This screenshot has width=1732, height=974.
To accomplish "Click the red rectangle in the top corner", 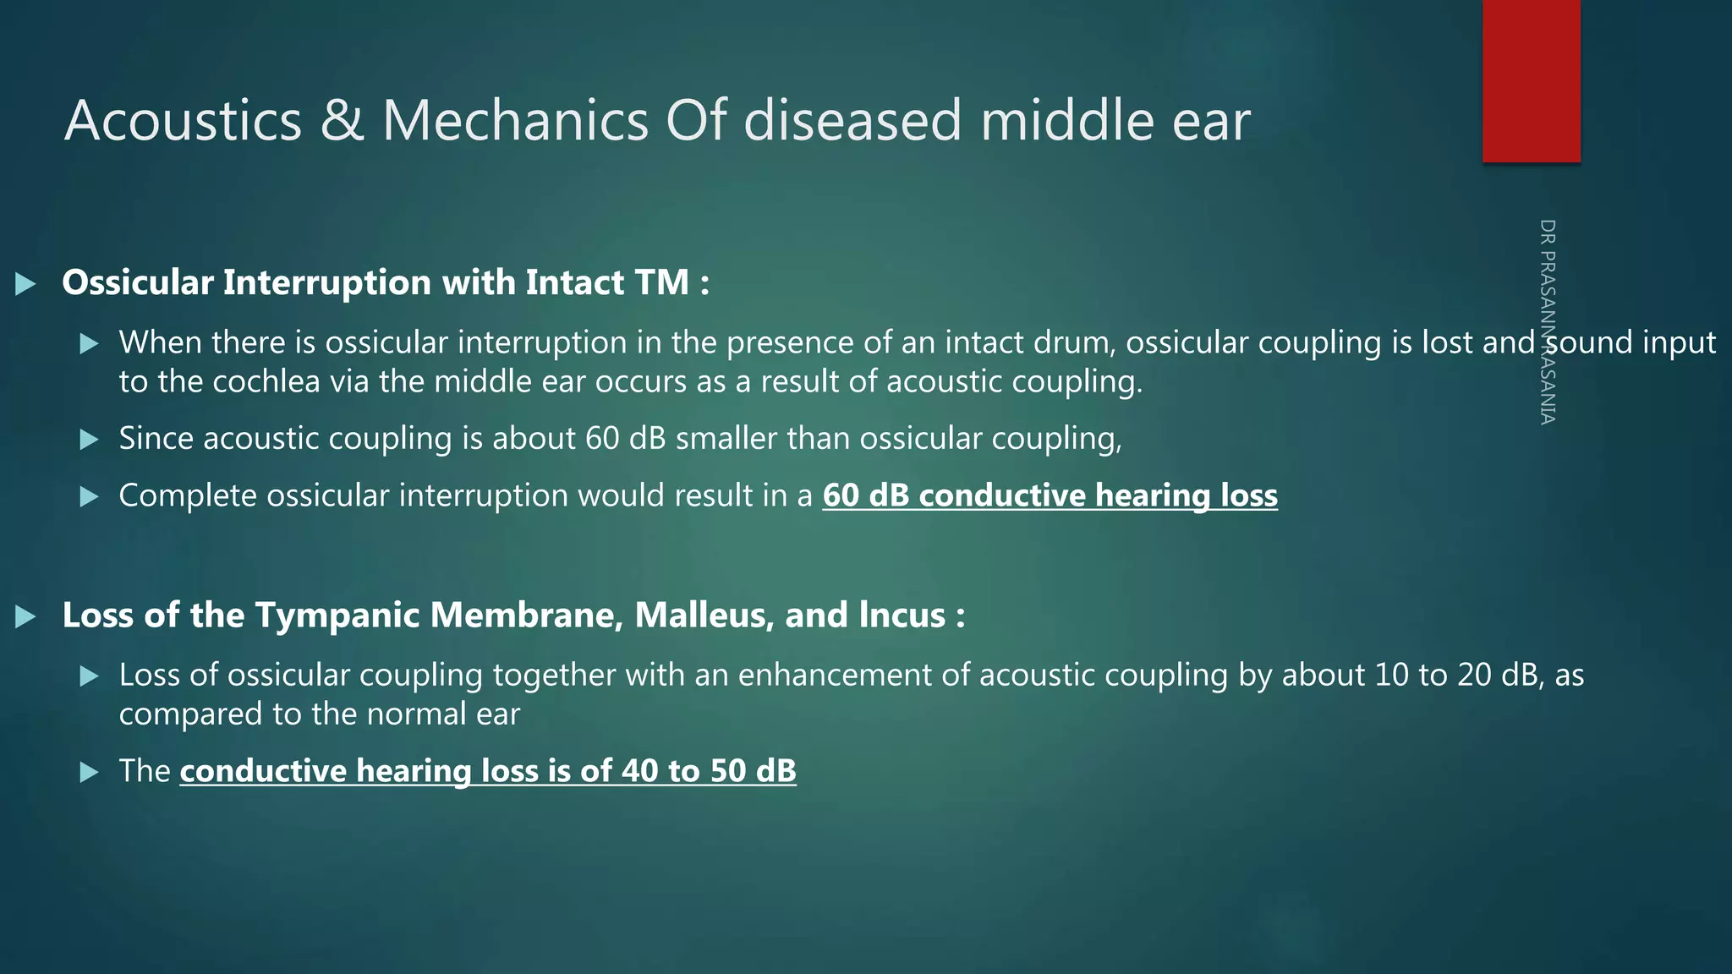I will click(1531, 80).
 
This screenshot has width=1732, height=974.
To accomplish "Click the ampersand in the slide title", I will click(342, 120).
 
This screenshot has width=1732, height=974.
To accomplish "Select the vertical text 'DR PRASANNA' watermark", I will click(1548, 321).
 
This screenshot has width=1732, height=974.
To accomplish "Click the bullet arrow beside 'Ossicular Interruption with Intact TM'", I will click(26, 284).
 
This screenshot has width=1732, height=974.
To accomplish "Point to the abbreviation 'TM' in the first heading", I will click(661, 282).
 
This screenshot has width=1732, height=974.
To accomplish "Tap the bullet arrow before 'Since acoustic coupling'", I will click(89, 440).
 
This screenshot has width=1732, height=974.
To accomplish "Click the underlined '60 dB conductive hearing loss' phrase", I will click(1050, 495).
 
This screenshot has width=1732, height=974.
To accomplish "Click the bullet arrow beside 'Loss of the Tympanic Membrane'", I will click(26, 616).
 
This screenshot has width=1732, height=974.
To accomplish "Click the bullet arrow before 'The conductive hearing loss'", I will click(89, 772).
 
